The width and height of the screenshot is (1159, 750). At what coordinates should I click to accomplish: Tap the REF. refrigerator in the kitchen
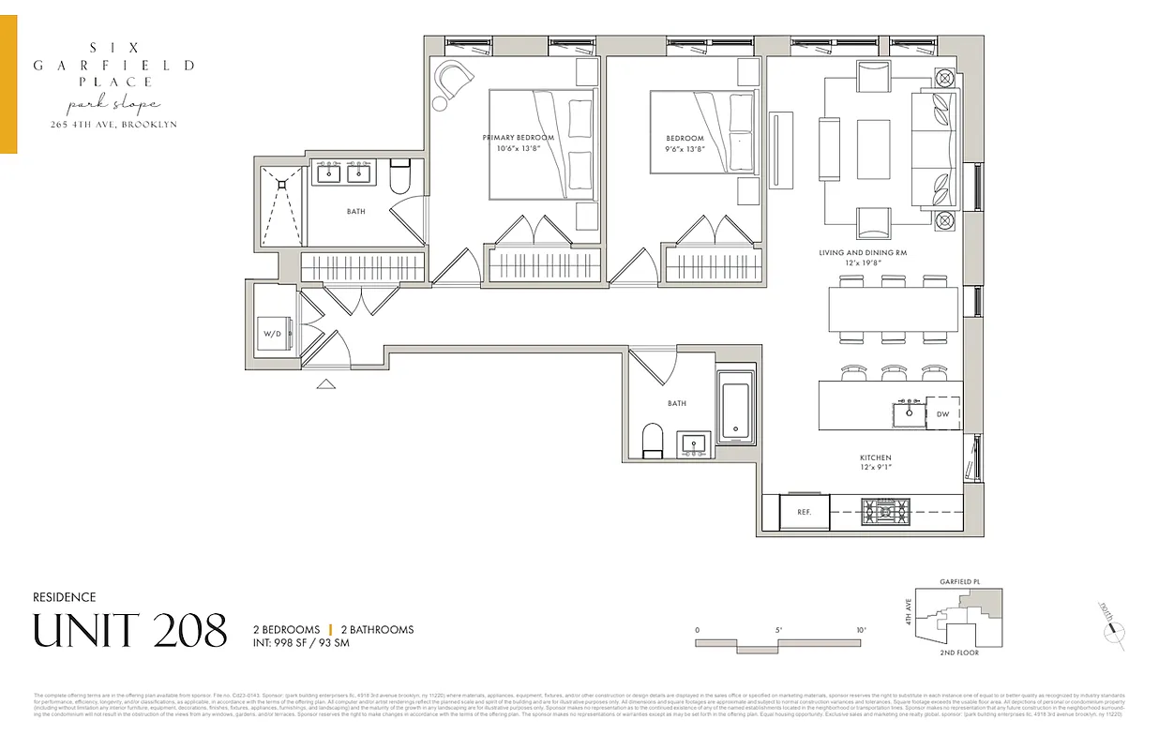(804, 512)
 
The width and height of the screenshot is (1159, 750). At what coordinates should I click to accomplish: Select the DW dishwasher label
(943, 413)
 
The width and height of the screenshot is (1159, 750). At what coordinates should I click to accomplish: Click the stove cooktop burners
(885, 512)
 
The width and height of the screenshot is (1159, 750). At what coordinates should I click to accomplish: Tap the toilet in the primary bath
(399, 176)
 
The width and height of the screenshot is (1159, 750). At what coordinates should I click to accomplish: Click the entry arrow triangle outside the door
(326, 382)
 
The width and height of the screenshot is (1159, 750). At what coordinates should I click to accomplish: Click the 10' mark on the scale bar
(861, 630)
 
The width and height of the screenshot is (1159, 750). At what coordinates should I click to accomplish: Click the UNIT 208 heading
(130, 631)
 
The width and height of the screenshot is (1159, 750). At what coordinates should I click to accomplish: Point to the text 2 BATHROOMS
(376, 630)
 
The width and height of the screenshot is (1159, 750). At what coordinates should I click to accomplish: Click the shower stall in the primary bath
(279, 212)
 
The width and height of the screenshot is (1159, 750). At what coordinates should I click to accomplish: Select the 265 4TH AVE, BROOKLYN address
(113, 125)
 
